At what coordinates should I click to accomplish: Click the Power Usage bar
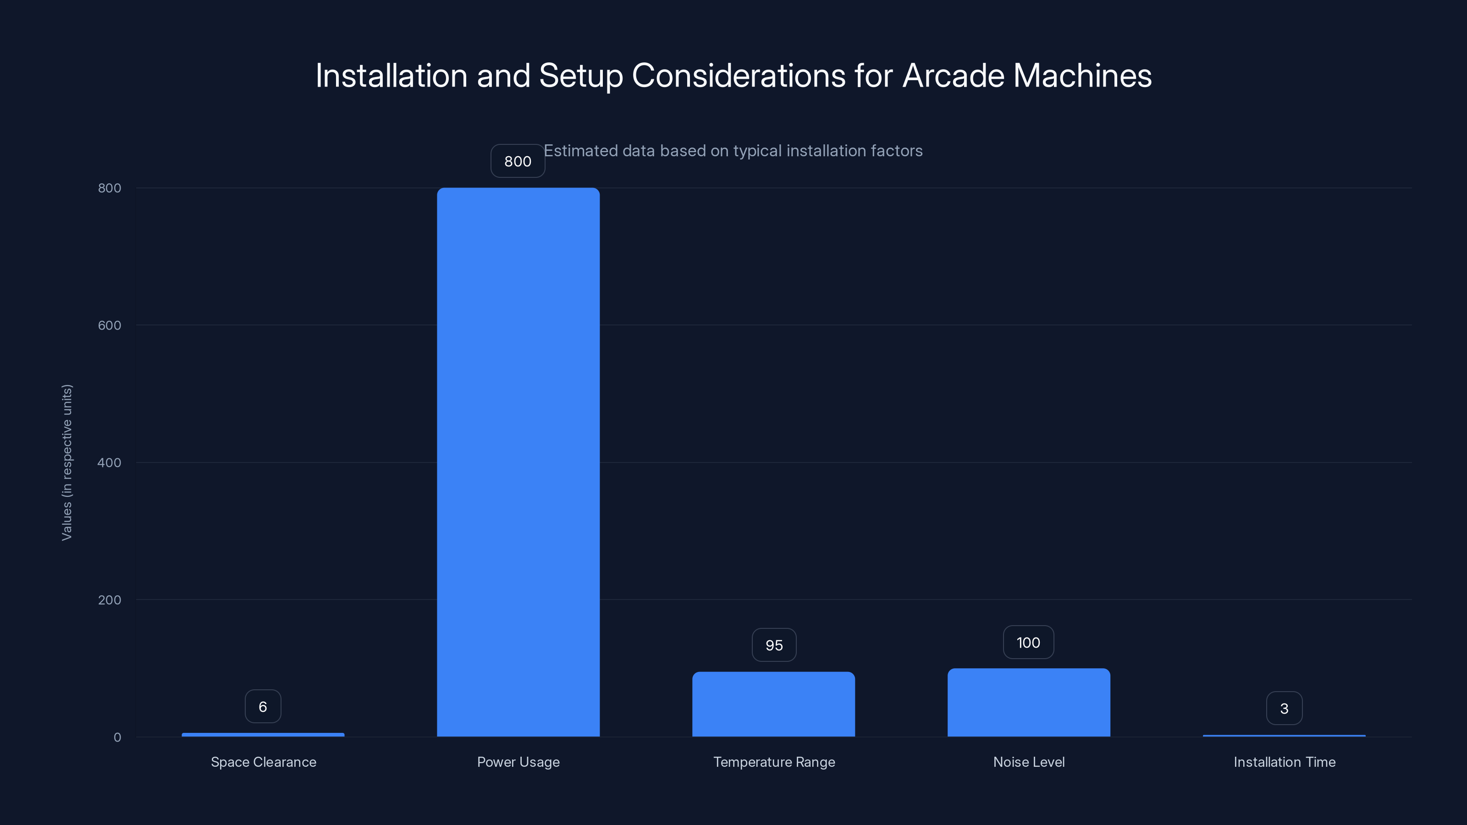click(518, 462)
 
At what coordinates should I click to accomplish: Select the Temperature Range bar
click(773, 704)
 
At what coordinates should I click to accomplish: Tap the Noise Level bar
click(1028, 703)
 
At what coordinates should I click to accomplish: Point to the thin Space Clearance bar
click(263, 734)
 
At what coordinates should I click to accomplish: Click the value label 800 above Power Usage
click(518, 161)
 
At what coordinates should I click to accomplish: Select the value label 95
click(774, 645)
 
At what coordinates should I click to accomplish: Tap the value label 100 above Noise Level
click(1028, 643)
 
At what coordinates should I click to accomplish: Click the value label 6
click(263, 707)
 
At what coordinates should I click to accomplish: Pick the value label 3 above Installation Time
click(1284, 708)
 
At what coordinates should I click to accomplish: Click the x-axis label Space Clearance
click(263, 762)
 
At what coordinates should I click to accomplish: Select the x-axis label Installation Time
click(1284, 762)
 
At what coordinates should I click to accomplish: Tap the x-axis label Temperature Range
click(774, 762)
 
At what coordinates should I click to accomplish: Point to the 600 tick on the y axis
click(110, 325)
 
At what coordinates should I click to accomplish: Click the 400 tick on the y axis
click(110, 462)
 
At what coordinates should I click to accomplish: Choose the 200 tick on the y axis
click(110, 599)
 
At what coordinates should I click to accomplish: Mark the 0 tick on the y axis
click(117, 737)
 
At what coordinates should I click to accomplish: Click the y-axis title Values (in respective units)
click(66, 462)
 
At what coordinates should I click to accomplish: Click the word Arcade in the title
click(954, 76)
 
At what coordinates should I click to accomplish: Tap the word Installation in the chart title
click(391, 76)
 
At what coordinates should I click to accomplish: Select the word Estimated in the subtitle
click(580, 151)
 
